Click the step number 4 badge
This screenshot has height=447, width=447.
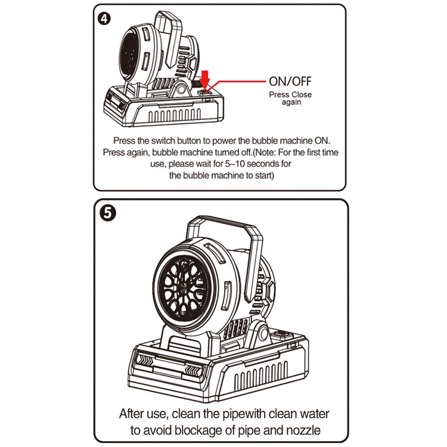click(x=105, y=18)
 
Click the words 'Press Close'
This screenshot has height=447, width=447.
click(x=290, y=95)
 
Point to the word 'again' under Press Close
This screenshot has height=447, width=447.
click(x=291, y=102)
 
